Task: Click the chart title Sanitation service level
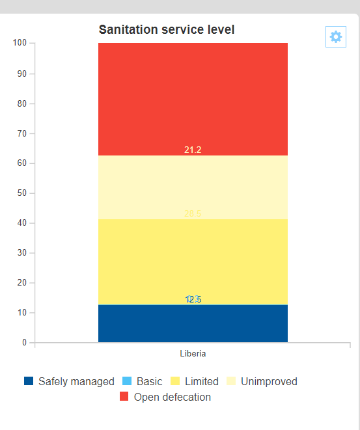(x=167, y=30)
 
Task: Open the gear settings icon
(x=336, y=37)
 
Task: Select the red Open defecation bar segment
(x=193, y=98)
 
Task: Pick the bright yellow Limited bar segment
(x=193, y=260)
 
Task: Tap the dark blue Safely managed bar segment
(x=193, y=324)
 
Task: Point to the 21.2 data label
(x=193, y=150)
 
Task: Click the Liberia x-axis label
(x=193, y=353)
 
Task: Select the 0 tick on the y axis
(x=24, y=342)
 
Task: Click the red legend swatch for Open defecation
(x=125, y=397)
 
